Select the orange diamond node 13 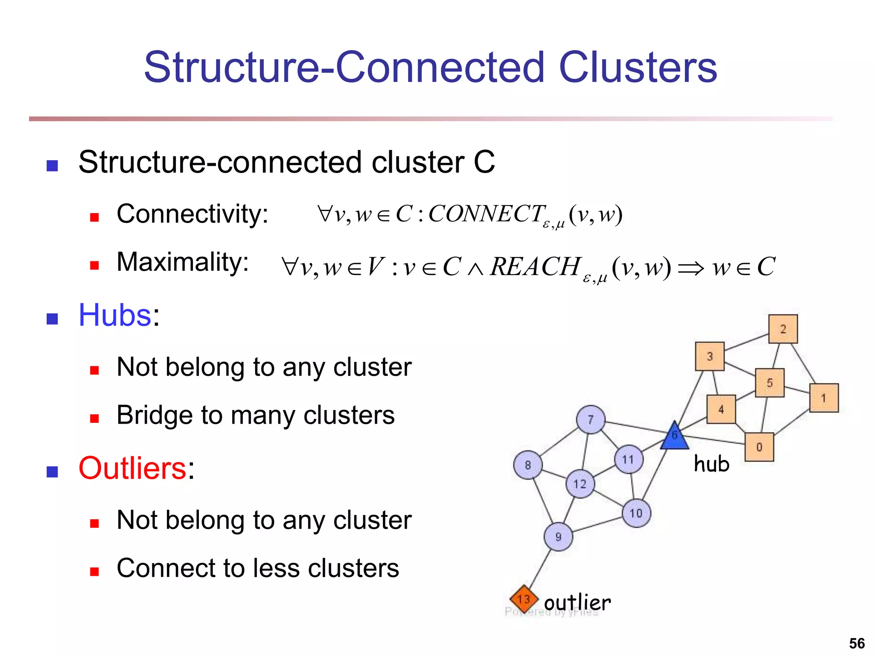524,599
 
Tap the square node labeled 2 783,329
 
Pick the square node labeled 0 759,447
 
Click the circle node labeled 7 591,419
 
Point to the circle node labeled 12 580,484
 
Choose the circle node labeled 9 558,537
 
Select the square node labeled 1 824,398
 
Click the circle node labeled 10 636,513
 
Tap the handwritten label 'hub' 711,464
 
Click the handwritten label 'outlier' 577,603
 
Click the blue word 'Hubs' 115,315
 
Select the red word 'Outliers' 132,468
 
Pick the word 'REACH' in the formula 536,266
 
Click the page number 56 857,643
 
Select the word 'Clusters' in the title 638,67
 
